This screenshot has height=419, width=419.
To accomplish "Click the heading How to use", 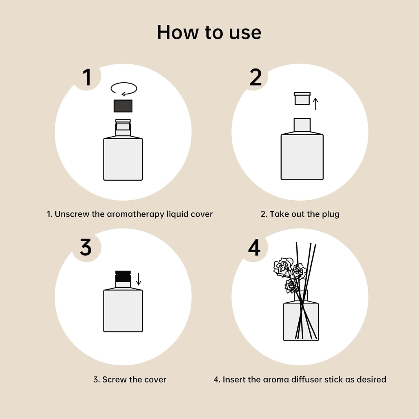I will [x=209, y=32].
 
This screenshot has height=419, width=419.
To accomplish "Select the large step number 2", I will [x=255, y=77].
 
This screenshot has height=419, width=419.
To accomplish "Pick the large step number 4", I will [x=254, y=248].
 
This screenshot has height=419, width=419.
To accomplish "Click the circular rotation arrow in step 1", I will [x=124, y=89].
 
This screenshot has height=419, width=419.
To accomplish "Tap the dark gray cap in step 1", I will [x=123, y=106].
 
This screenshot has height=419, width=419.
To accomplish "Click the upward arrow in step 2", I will [x=315, y=104].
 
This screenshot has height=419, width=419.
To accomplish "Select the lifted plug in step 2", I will [x=302, y=99].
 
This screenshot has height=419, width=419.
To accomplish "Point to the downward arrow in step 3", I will [x=139, y=279].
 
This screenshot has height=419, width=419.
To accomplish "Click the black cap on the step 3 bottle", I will [x=123, y=276].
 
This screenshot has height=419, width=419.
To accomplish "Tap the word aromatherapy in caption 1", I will [x=135, y=215].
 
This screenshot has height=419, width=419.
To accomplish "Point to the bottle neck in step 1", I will [x=123, y=128].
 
